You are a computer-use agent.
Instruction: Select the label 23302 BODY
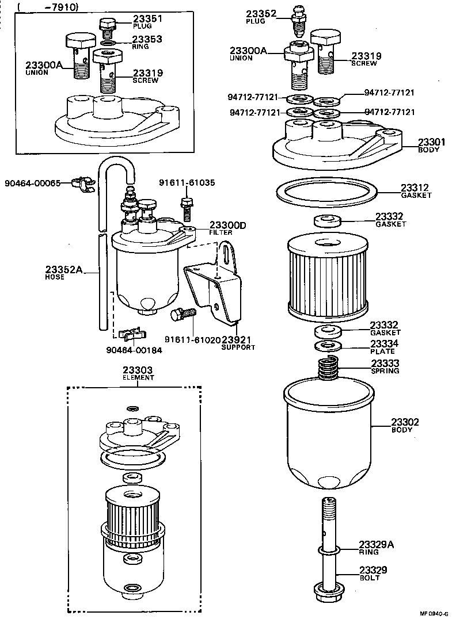[x=405, y=425]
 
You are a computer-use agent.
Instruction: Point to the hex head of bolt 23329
[x=326, y=590]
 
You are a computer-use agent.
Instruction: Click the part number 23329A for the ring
[x=376, y=544]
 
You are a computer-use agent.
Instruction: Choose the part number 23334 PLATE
[x=384, y=343]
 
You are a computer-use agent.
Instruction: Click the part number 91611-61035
[x=187, y=183]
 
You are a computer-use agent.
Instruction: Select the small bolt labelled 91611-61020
[x=183, y=314]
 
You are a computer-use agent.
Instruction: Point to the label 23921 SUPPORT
[x=238, y=343]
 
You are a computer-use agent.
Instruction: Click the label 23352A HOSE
[x=64, y=269]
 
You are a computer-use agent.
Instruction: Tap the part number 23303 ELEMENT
[x=138, y=370]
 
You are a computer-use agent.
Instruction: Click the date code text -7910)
[x=58, y=7]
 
